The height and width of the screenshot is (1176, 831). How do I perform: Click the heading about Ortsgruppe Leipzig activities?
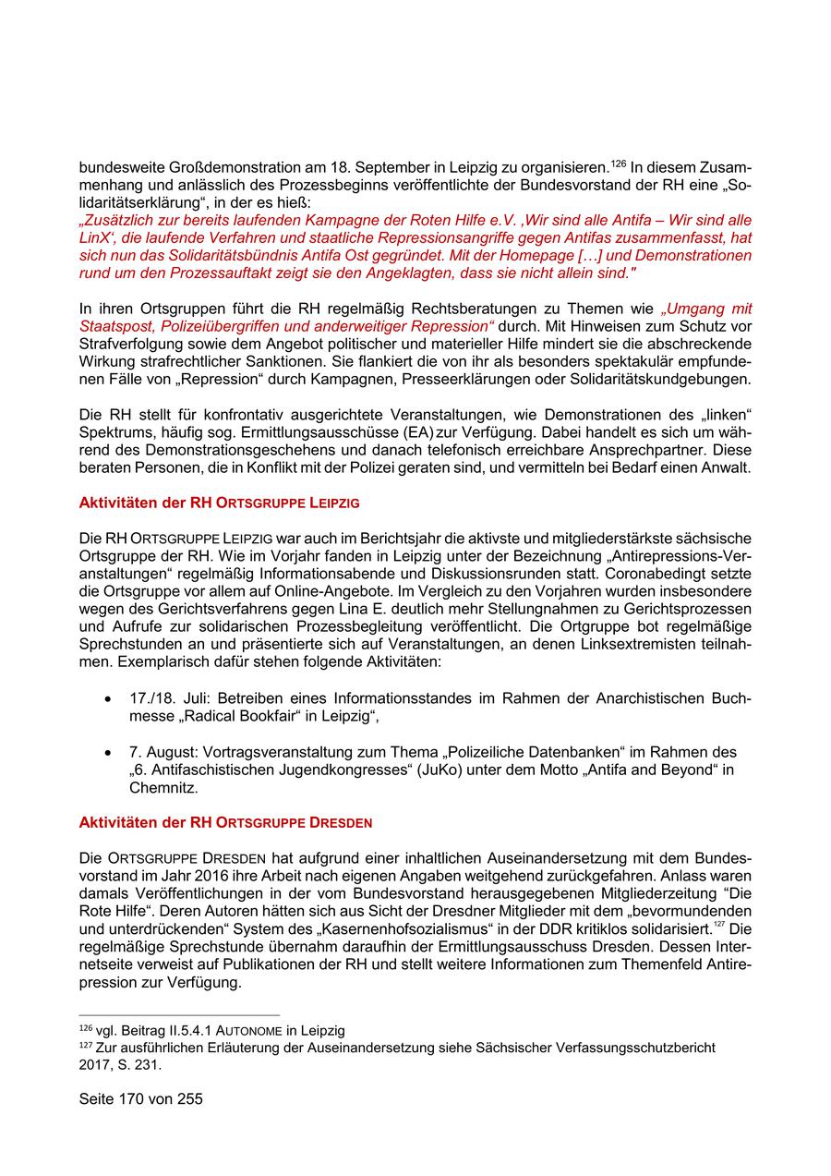(219, 503)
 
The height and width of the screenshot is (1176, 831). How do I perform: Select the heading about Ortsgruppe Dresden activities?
(225, 822)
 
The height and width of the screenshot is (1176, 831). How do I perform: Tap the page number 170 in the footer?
(140, 1099)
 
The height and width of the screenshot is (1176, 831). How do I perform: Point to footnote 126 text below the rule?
(212, 1030)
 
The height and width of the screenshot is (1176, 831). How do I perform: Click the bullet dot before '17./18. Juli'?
(110, 699)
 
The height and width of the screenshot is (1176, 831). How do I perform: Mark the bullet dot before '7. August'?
(110, 753)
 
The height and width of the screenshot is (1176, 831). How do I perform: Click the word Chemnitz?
(163, 788)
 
